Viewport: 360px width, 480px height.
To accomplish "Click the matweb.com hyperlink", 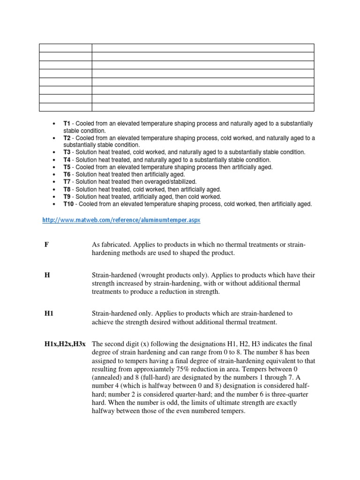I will point(121,220).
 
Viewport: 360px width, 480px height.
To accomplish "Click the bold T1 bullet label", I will point(67,123).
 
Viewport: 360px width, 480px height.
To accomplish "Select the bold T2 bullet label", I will point(67,138).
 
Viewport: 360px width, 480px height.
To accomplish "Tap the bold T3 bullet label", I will point(67,152).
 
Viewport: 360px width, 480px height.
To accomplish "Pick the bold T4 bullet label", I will point(67,160).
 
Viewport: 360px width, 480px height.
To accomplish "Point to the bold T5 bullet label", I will point(67,167).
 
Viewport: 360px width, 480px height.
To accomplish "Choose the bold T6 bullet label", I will point(67,174).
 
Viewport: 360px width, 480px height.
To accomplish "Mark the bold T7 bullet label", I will point(67,182).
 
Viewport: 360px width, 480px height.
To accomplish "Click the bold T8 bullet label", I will point(67,189).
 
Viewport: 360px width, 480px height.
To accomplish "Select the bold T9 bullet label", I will point(67,197).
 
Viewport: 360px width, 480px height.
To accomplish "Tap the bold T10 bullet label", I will point(68,204).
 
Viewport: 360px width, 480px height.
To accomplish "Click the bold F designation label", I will point(46,245).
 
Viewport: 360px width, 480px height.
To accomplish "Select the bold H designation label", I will point(46,275).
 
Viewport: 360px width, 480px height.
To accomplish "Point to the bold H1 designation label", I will point(48,313).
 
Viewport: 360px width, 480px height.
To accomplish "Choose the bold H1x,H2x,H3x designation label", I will point(65,344).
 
